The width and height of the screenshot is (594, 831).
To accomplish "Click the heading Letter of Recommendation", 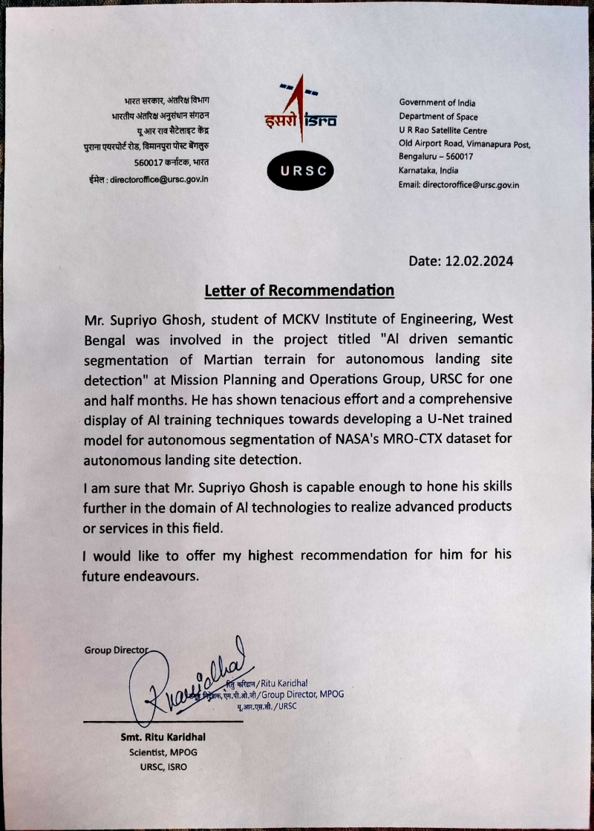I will click(298, 289).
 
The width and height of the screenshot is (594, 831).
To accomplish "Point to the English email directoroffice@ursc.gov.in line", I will click(459, 184).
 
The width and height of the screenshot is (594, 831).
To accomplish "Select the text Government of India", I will click(437, 103).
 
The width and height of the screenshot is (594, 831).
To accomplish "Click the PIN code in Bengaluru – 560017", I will click(458, 157).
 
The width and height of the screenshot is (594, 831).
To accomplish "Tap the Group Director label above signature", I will click(117, 650).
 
